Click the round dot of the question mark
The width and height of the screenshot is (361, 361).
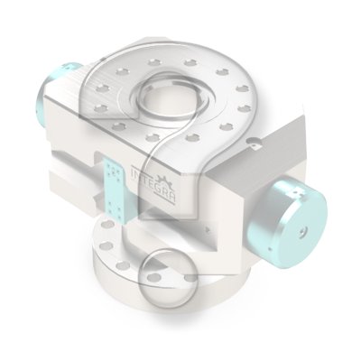pyautogui.click(x=168, y=279)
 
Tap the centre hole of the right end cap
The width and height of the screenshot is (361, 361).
pyautogui.click(x=302, y=232)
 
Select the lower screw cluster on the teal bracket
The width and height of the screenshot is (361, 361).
pyautogui.click(x=116, y=209)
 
